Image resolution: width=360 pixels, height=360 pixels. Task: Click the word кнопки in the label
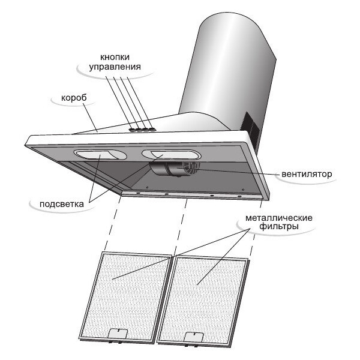(x=115, y=57)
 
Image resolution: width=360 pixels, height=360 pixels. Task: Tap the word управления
(x=115, y=67)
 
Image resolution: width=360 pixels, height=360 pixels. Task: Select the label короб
(x=74, y=98)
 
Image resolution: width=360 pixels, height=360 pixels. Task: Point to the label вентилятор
(x=307, y=174)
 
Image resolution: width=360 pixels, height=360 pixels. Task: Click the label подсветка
(x=62, y=204)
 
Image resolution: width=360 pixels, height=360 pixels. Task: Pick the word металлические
(x=279, y=218)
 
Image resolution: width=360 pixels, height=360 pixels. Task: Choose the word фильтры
(x=279, y=227)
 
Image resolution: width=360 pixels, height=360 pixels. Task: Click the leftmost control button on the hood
(x=133, y=130)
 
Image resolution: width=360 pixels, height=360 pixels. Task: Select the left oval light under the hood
(x=100, y=155)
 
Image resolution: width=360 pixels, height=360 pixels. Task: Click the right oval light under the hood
(x=171, y=155)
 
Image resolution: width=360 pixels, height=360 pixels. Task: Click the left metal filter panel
(x=125, y=297)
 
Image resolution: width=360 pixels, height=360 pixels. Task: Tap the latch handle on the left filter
(x=118, y=334)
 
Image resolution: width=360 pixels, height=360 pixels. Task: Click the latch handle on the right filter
(x=194, y=337)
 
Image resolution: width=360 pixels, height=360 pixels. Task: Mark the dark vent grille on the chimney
(x=251, y=128)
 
